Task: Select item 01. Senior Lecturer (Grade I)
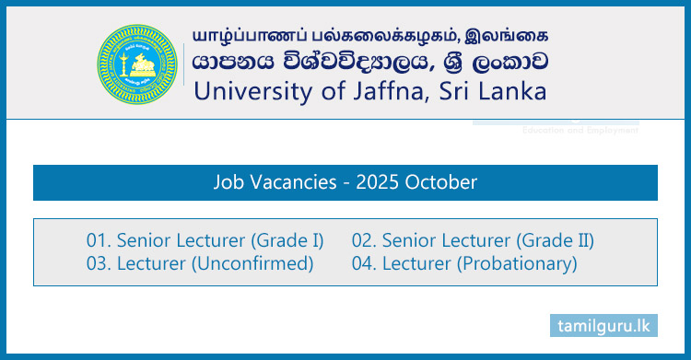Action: click(205, 241)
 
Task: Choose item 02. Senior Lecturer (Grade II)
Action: click(473, 241)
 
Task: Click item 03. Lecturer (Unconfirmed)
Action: click(200, 264)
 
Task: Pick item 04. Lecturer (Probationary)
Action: click(464, 264)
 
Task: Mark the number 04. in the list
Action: click(365, 264)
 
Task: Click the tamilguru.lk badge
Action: click(604, 325)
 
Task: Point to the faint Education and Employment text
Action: click(580, 131)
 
